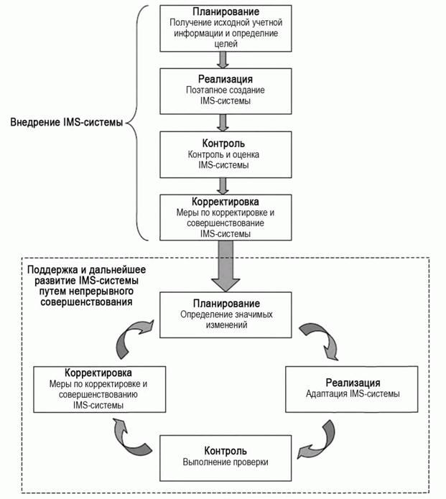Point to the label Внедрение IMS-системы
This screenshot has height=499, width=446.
coord(67,123)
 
